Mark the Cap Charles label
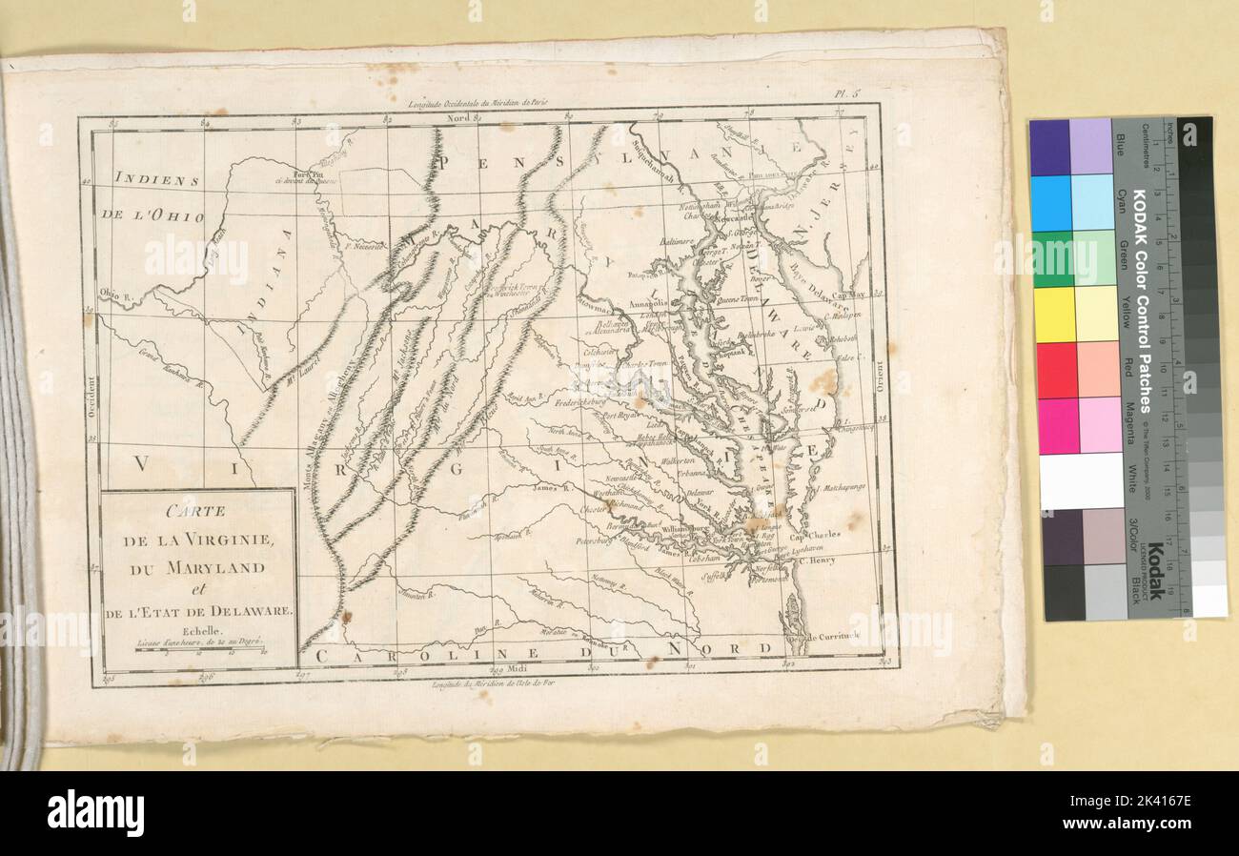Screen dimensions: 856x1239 (818, 535)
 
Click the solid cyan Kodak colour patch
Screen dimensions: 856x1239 (1051, 202)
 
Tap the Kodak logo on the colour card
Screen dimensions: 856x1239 (1154, 571)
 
